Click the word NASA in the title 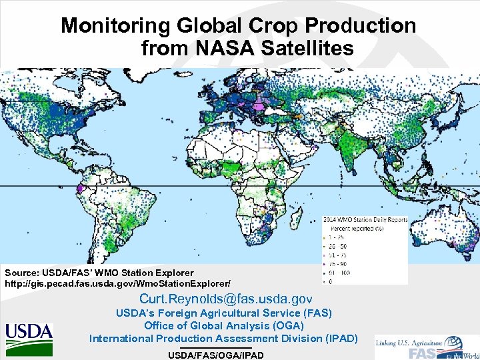coord(222,48)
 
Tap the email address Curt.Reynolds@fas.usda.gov coord(225,298)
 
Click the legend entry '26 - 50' coord(335,246)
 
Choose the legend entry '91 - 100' coord(336,271)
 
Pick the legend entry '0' coord(330,280)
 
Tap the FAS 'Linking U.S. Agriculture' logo coord(427,347)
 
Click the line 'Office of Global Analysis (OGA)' coord(223,325)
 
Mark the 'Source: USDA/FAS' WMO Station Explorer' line coord(99,273)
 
